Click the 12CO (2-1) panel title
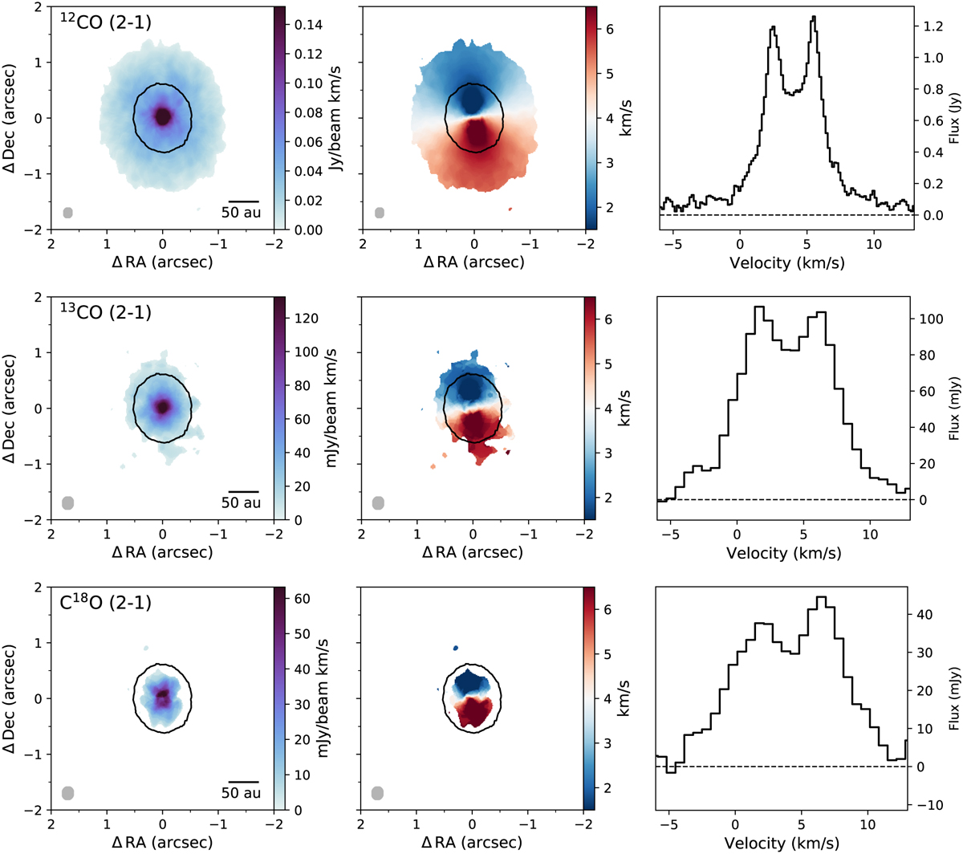tap(106, 22)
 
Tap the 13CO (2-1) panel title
tap(106, 313)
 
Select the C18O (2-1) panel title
tap(106, 602)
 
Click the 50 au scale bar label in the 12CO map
tap(241, 213)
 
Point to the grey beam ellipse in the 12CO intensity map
tap(68, 213)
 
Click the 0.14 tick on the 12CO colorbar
tap(307, 25)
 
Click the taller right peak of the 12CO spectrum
tap(814, 17)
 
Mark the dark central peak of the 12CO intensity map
tap(163, 117)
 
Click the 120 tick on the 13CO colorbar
tap(308, 319)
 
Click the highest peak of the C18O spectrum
tap(820, 597)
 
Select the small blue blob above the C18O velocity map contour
tap(456, 647)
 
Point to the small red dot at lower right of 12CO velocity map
tap(511, 209)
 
